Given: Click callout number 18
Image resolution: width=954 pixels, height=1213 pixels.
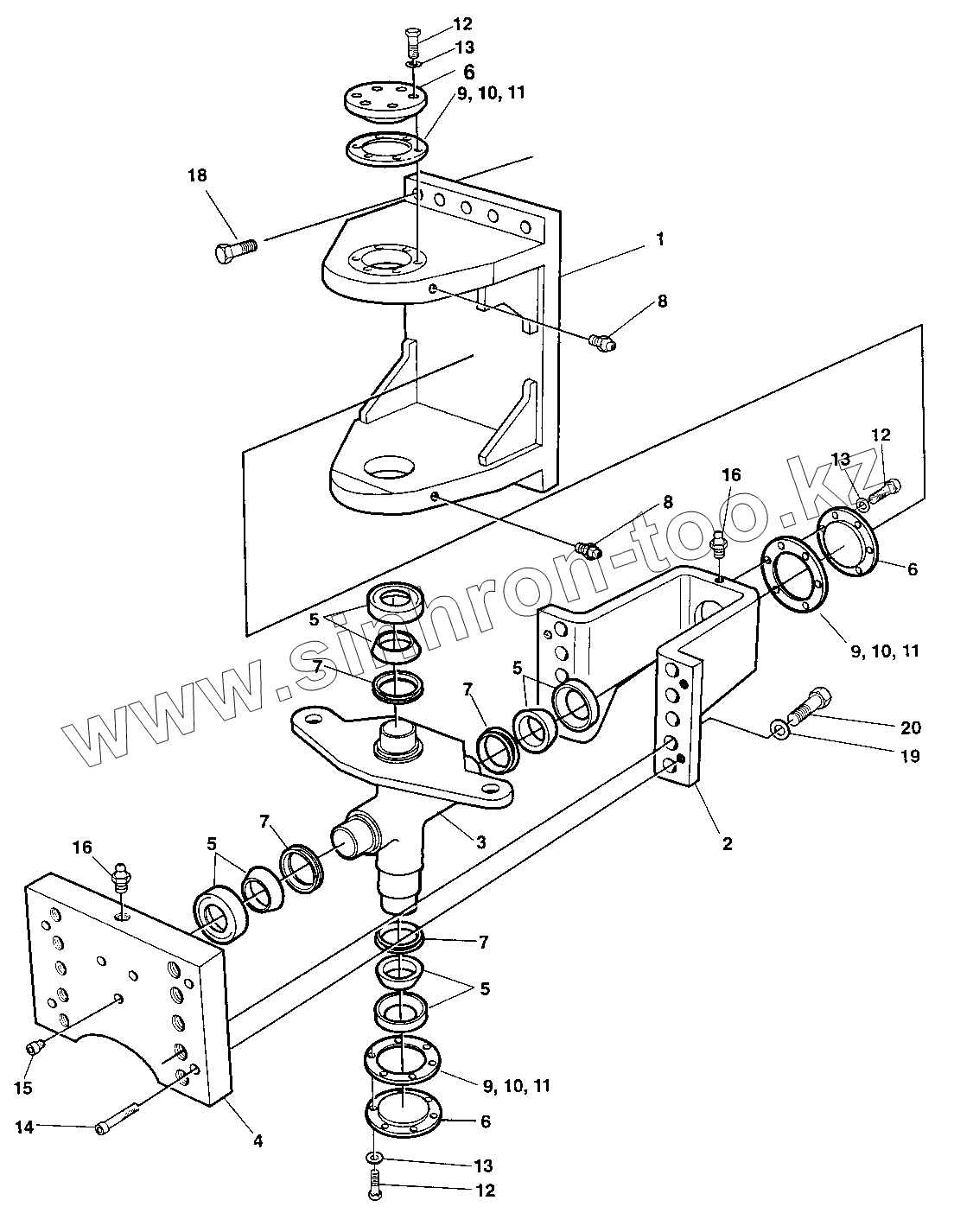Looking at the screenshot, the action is click(x=197, y=176).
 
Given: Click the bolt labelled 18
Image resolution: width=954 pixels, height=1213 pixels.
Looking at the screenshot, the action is click(x=236, y=251).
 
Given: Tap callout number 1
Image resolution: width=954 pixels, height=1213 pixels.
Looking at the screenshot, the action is click(x=660, y=239).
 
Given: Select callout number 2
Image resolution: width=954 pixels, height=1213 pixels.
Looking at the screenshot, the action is click(x=727, y=844).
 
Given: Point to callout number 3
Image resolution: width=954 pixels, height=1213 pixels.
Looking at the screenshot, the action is click(x=480, y=842).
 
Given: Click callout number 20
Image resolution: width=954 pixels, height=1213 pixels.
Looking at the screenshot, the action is click(x=911, y=727).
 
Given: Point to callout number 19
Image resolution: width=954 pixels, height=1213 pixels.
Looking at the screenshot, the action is click(x=909, y=756).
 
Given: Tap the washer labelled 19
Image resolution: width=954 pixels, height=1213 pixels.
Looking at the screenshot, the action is click(x=779, y=732).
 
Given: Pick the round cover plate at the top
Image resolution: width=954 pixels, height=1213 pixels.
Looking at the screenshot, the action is click(x=385, y=102).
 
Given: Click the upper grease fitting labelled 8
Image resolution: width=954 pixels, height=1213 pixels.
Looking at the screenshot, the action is click(x=602, y=340).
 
